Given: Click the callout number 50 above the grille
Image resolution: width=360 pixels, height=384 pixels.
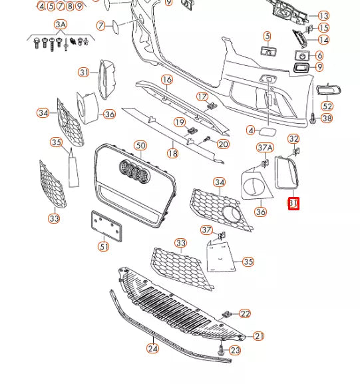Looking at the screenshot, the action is coord(140,146).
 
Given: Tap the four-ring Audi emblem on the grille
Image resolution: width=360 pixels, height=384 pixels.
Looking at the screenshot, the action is coord(134,172).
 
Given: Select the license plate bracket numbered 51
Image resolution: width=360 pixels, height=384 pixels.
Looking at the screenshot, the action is coord(106,226).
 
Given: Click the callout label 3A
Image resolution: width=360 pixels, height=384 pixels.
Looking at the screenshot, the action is coord(61,25).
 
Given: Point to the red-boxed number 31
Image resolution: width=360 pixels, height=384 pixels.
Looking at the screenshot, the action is coord(293,204).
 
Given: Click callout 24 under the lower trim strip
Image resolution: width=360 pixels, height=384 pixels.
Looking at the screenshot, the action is coord(152,348).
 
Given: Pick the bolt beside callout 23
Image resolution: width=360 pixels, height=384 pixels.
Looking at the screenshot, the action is coord(221,349).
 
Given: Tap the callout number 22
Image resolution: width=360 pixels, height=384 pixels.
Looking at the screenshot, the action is coord(245,313).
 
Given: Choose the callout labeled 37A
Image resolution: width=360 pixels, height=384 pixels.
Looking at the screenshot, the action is coord(265,148).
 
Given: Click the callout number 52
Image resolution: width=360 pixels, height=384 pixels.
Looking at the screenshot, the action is coord(327,106).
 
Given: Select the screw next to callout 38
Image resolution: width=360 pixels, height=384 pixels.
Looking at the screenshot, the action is coord(313,118).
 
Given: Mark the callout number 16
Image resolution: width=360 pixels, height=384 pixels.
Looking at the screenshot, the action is coord(167,80).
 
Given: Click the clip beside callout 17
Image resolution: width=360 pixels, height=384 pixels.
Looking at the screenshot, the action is coord(212,106).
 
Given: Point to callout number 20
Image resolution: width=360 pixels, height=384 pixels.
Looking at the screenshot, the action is coord(223,144).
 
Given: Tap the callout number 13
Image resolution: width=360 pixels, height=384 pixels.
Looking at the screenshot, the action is coord(323,16).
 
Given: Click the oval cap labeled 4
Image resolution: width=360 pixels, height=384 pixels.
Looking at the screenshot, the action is coord(268,132).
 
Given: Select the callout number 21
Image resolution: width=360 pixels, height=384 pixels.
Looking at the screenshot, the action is coord(259,336).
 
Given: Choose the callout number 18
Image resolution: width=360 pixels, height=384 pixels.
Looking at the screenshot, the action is coord(172,153).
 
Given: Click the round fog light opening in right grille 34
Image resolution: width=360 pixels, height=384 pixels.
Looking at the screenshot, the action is coord(232,215).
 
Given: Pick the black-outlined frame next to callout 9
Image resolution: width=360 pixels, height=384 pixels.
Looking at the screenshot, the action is coord(301,68).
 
